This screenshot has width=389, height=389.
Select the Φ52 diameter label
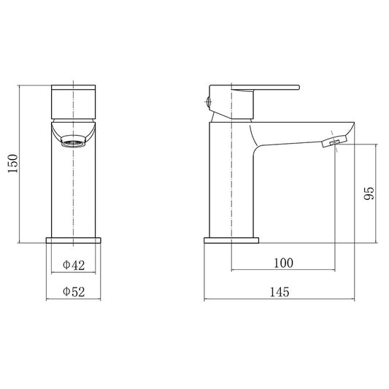pyautogui.click(x=74, y=291)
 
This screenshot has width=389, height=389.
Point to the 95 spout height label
pyautogui.click(x=369, y=193)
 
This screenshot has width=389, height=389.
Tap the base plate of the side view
pyautogui.click(x=231, y=240)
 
